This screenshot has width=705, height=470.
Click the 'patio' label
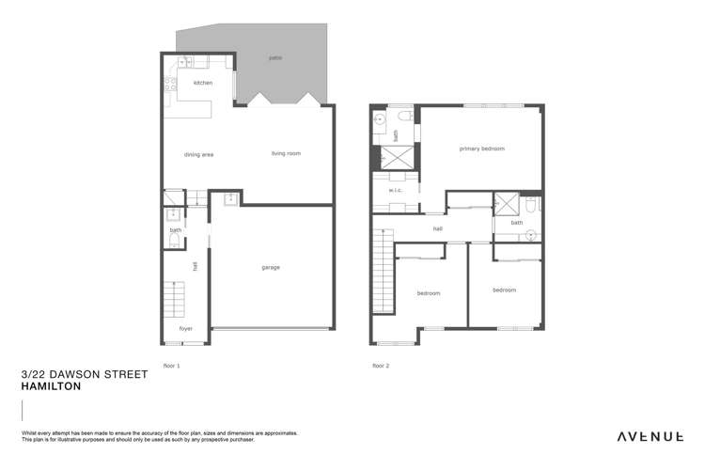click(275, 58)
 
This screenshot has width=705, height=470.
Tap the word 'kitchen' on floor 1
click(203, 83)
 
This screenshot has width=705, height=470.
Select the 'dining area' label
click(198, 154)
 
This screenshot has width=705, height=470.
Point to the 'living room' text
click(286, 153)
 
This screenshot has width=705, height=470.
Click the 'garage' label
click(271, 267)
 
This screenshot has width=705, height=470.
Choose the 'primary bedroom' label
click(482, 149)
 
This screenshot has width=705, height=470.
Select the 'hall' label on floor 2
click(437, 228)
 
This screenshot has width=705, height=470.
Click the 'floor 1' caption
click(171, 365)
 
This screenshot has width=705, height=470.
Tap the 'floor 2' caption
click(380, 365)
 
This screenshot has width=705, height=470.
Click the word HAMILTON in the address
click(51, 386)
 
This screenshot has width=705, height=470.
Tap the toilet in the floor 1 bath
click(171, 243)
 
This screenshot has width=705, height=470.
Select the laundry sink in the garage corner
click(229, 198)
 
